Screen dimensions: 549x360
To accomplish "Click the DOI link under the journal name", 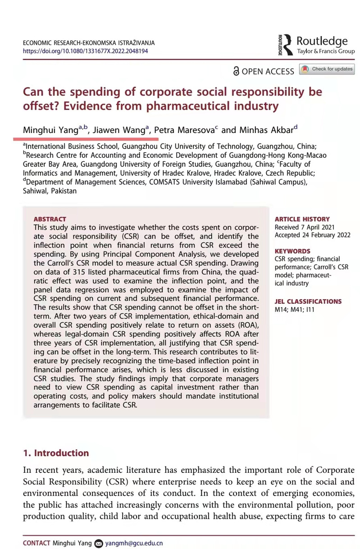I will pyautogui.click(x=85, y=51).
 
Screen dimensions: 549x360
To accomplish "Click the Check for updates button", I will pyautogui.click(x=327, y=69).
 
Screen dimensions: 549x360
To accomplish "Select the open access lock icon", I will pyautogui.click(x=236, y=71).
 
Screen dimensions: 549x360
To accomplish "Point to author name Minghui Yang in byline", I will pyautogui.click(x=50, y=130).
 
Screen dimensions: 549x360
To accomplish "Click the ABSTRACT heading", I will pyautogui.click(x=50, y=219).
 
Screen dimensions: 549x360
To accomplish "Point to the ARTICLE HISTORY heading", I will pyautogui.click(x=302, y=219).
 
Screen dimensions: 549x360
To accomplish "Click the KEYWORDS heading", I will pyautogui.click(x=292, y=251).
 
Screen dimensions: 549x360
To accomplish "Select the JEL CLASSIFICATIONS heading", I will pyautogui.click(x=308, y=302).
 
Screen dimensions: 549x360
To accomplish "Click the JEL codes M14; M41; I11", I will pyautogui.click(x=294, y=310).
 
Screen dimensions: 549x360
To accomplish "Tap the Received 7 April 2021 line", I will pyautogui.click(x=305, y=227).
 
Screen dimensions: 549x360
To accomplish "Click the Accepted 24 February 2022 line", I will pyautogui.click(x=311, y=235).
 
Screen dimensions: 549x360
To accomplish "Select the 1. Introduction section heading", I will pyautogui.click(x=56, y=453).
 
